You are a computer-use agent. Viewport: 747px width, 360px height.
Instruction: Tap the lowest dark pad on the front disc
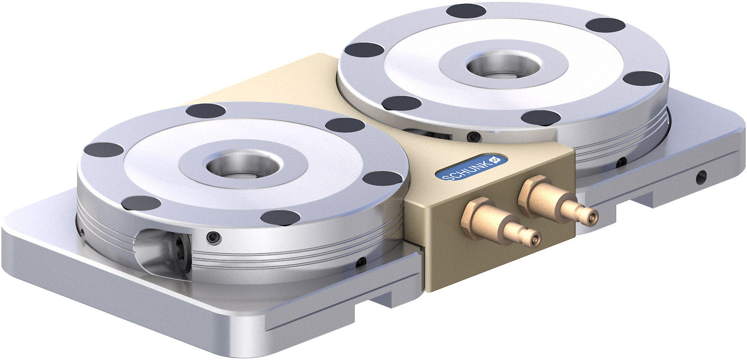(280, 218)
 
